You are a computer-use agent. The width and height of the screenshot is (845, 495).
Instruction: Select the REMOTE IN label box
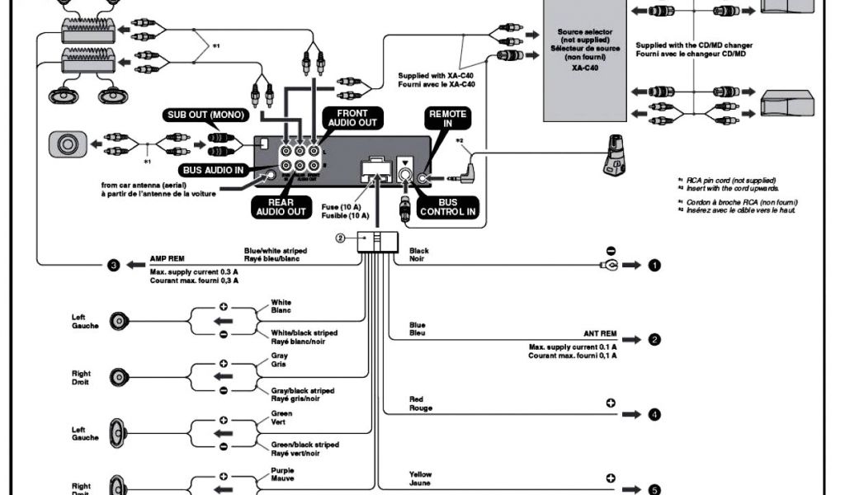coord(447,119)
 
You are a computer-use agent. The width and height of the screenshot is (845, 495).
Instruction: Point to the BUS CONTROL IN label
coord(448,206)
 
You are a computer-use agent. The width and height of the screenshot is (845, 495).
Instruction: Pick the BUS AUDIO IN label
coord(212,169)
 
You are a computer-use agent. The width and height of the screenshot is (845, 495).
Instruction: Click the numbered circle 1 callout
coord(654,266)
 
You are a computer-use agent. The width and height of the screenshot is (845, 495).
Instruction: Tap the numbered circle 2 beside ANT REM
coord(654,340)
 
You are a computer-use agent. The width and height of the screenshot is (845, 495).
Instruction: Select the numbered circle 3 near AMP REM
coord(114,266)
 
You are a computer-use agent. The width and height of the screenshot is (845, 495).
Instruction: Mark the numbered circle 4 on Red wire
coord(654,414)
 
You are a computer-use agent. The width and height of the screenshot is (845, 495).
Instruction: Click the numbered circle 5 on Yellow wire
coord(654,488)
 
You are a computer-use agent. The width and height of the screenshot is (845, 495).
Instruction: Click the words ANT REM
coord(600,333)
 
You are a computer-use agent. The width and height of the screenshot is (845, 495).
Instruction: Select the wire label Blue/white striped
coord(275,250)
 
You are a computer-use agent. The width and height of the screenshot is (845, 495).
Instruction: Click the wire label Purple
coord(281,469)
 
